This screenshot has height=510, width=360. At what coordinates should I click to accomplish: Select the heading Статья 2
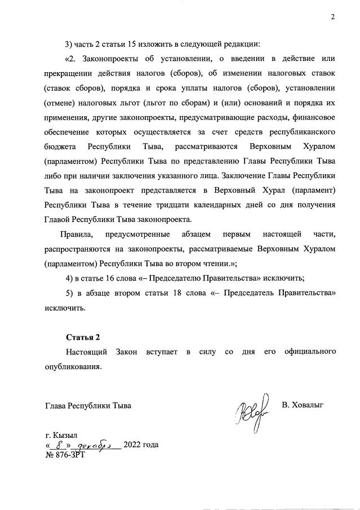(83, 338)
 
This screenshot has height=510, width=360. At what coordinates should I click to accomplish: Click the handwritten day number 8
(56, 444)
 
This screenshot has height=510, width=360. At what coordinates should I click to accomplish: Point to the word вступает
(161, 352)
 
